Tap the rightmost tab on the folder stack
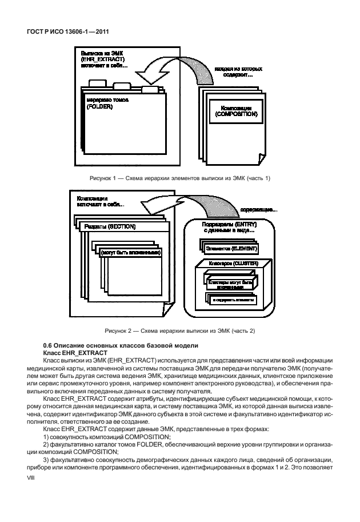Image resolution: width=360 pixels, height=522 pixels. (150, 89)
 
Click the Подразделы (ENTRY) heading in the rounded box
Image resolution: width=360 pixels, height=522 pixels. (229, 225)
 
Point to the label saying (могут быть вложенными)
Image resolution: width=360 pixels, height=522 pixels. (130, 253)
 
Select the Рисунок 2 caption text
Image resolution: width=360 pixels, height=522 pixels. (179, 330)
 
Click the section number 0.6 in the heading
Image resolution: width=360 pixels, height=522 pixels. (49, 345)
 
